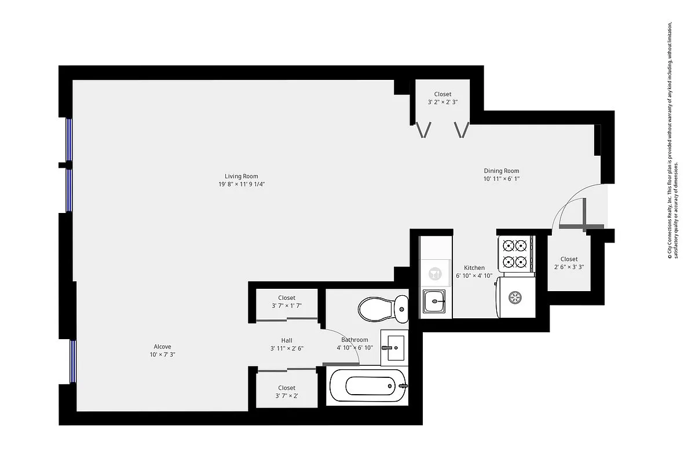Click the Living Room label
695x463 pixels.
point(242,177)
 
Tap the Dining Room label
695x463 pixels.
point(502,171)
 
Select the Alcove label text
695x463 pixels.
point(162,347)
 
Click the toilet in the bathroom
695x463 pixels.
point(382,308)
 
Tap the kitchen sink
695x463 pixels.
point(434,301)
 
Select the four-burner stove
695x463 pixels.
point(515,254)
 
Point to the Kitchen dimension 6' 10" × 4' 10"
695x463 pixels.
point(474,276)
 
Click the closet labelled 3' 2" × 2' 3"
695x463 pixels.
point(443,98)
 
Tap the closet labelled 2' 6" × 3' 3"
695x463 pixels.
point(569,263)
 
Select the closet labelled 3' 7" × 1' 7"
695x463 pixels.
point(287,302)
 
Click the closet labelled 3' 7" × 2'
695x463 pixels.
point(287,392)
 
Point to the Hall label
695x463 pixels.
point(287,340)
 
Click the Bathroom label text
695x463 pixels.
point(354,340)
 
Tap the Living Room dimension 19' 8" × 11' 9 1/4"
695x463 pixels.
point(242,185)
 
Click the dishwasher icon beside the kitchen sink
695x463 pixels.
point(434,272)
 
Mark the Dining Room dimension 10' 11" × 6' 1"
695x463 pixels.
point(502,179)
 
